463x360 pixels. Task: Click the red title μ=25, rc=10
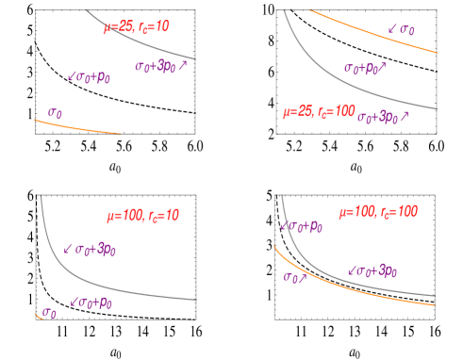tap(136, 27)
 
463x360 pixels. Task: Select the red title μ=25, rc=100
tap(318, 112)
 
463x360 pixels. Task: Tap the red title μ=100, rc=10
tap(142, 216)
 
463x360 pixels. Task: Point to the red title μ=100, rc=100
tap(377, 212)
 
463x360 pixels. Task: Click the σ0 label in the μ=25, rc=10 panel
tap(56, 113)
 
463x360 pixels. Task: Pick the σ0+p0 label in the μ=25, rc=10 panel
tap(90, 76)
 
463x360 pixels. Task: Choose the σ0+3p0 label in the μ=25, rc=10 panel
tap(161, 66)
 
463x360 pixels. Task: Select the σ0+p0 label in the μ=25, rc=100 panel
tap(367, 68)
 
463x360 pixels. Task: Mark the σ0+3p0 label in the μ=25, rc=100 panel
tap(383, 117)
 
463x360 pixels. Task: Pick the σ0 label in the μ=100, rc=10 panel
tap(50, 312)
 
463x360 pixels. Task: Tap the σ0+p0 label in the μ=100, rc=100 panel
tap(302, 226)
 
